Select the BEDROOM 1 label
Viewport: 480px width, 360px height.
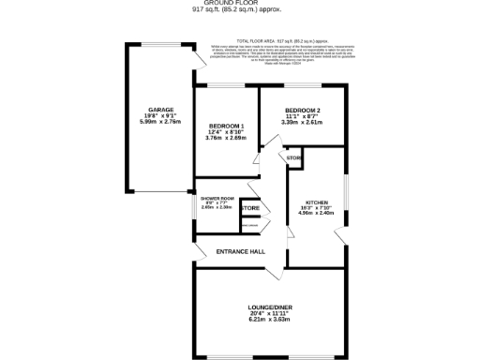tap(226, 127)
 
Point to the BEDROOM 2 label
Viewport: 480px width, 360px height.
tap(304, 111)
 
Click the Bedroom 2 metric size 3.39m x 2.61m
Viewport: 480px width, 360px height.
tap(304, 122)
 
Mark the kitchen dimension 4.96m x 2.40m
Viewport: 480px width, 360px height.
tap(316, 213)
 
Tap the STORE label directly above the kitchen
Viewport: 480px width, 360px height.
tap(293, 158)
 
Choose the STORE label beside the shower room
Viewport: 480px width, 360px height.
tap(251, 208)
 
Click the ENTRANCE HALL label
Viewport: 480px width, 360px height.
tap(240, 252)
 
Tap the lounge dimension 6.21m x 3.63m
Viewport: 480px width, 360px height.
tap(270, 320)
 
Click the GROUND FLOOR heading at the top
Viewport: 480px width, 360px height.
tap(240, 3)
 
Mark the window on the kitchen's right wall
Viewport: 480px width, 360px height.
tap(346, 192)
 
